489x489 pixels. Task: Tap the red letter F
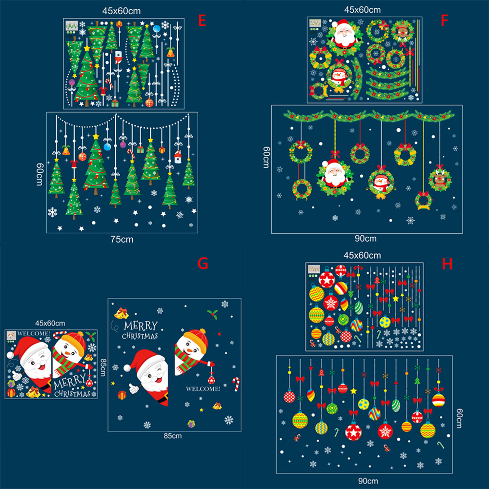(x=444, y=20)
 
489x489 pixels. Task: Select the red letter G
(x=203, y=264)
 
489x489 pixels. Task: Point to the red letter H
(x=447, y=264)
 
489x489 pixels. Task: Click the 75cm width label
(x=122, y=239)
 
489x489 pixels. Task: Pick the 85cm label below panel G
(x=173, y=436)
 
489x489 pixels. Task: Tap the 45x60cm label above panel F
(x=363, y=10)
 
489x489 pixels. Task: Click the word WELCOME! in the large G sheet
(x=203, y=389)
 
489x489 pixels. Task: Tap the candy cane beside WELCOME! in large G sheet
(x=236, y=384)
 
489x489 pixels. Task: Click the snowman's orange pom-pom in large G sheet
(x=203, y=330)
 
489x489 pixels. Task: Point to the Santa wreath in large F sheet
(x=334, y=177)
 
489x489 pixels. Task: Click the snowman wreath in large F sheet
(x=381, y=183)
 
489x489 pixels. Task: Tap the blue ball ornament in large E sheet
(x=107, y=146)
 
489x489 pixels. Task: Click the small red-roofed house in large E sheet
(x=178, y=157)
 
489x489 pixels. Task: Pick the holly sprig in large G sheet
(x=213, y=314)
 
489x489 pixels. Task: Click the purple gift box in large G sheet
(x=191, y=424)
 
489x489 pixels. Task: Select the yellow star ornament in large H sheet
(x=353, y=391)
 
